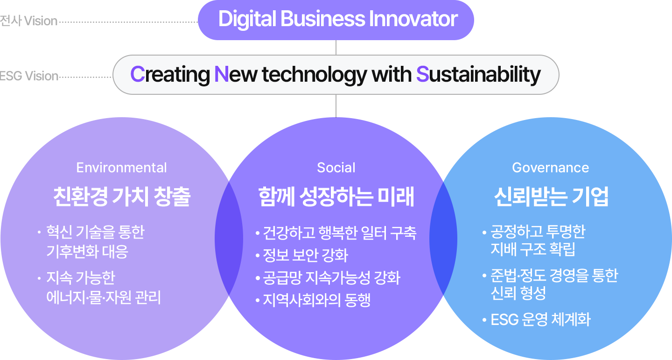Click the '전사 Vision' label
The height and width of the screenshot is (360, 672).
[28, 21]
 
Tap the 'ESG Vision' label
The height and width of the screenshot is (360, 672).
[29, 76]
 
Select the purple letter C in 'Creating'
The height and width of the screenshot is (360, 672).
[137, 74]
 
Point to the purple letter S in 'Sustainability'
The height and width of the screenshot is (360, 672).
[422, 74]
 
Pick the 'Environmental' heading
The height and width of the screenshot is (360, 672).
[121, 168]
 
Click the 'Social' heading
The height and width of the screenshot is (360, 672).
[336, 168]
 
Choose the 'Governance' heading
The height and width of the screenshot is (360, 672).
[550, 168]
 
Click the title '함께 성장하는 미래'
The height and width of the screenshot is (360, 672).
[336, 197]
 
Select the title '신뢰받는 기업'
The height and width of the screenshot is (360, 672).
[551, 197]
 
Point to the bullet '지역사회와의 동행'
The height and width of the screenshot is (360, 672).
[316, 300]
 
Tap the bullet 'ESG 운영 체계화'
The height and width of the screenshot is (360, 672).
[540, 320]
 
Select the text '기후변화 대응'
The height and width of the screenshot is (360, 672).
[87, 252]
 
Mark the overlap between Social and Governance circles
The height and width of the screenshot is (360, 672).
[443, 238]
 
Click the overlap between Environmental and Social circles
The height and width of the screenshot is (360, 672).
[229, 238]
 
